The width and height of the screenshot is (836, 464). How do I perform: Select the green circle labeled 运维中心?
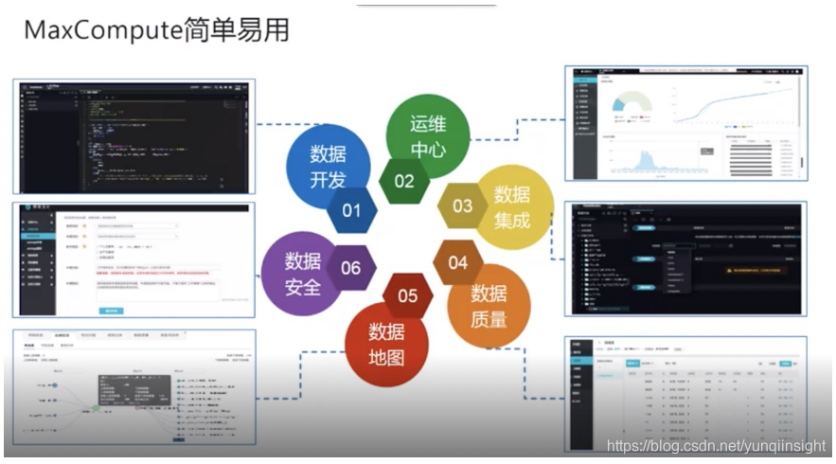(x=427, y=134)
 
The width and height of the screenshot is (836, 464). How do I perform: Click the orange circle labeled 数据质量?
(x=489, y=304)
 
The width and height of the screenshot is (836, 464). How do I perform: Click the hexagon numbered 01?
(x=351, y=209)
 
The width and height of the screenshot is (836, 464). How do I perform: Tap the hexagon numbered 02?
(x=404, y=181)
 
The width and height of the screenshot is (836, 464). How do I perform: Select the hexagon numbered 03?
(x=462, y=205)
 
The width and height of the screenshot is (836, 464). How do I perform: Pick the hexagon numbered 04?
(x=457, y=262)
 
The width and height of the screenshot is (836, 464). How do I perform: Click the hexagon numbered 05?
(x=407, y=295)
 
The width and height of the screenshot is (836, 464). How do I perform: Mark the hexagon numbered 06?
(x=350, y=267)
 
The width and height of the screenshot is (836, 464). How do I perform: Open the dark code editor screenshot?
(x=136, y=136)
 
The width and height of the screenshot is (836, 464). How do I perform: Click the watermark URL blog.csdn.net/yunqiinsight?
(x=716, y=445)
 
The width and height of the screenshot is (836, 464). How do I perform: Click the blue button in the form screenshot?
(x=111, y=309)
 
